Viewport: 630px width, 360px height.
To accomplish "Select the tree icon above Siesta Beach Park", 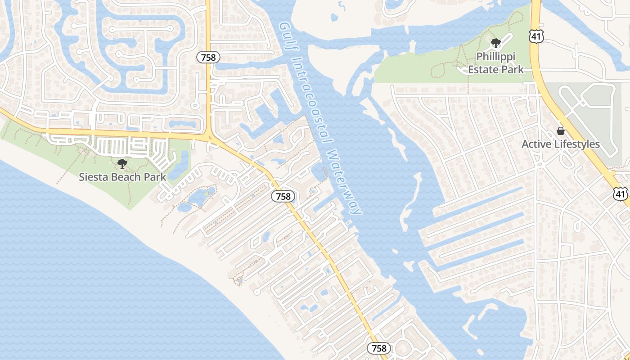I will point(122,164).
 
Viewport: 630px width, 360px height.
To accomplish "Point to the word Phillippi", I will point(495,57).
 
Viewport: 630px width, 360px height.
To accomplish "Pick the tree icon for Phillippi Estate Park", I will point(495,44).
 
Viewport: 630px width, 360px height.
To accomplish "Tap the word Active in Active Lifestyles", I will point(536,144).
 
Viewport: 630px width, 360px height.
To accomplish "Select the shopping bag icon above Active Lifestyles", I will point(561,131).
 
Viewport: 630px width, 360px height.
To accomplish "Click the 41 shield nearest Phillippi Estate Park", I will point(537,36).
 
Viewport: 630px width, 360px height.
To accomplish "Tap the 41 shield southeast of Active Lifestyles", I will point(621,193).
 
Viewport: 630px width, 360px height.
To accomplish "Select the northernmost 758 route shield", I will point(209,57).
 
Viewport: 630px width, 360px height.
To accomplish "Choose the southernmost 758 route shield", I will point(379,348).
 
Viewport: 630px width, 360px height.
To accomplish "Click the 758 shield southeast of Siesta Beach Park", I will point(283,197).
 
